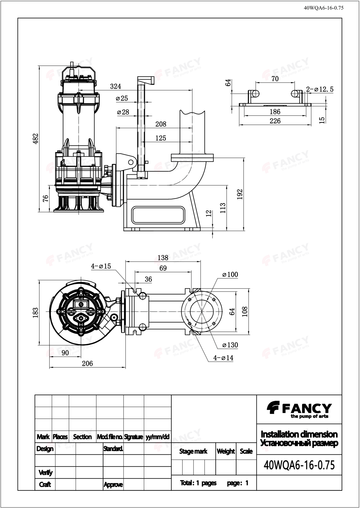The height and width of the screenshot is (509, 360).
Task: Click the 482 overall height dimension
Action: tap(36, 138)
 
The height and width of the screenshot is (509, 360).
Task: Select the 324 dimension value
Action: tap(115, 86)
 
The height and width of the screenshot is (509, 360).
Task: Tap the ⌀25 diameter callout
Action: tap(122, 98)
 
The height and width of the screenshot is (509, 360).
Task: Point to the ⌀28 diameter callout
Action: tap(123, 112)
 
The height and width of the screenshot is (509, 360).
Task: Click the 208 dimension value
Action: tap(161, 124)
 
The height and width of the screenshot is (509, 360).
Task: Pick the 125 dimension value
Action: tap(161, 138)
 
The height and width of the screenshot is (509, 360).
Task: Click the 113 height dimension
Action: tap(223, 208)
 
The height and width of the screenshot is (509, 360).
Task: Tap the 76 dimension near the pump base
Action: tap(45, 198)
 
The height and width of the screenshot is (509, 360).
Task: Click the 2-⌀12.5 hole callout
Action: tap(320, 89)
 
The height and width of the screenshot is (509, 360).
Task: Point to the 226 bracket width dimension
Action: tap(275, 121)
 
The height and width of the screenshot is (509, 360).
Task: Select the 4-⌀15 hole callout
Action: tap(101, 266)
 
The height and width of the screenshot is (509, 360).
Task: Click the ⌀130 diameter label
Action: tap(230, 345)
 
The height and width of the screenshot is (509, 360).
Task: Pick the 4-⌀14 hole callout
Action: tap(223, 358)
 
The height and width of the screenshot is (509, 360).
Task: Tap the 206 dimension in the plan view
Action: tap(87, 363)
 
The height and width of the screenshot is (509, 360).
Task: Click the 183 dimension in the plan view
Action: tap(36, 312)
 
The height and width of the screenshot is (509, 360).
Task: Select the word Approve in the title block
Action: tap(113, 484)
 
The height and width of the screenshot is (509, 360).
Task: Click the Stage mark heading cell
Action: tap(193, 451)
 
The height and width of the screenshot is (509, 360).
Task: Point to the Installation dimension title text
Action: tap(299, 434)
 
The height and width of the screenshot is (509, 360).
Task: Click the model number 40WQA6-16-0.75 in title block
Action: tap(299, 465)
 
